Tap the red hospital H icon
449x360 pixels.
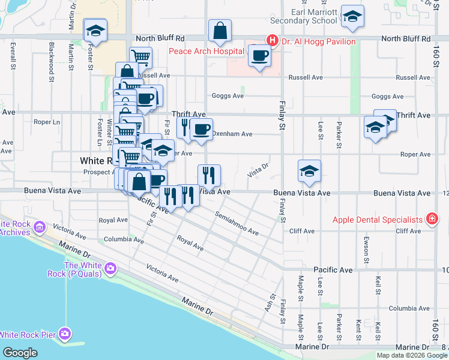pos(272,41)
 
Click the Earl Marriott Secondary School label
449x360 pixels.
pos(309,16)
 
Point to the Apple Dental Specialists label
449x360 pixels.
pos(378,220)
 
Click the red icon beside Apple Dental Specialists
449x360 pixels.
pos(431,220)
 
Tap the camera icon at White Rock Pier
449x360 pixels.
pos(65,334)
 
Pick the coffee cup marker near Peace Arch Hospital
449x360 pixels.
pos(259,56)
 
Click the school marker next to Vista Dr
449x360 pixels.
pos(309,171)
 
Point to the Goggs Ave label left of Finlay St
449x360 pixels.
pos(228,96)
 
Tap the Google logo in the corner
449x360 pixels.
pos(20,353)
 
